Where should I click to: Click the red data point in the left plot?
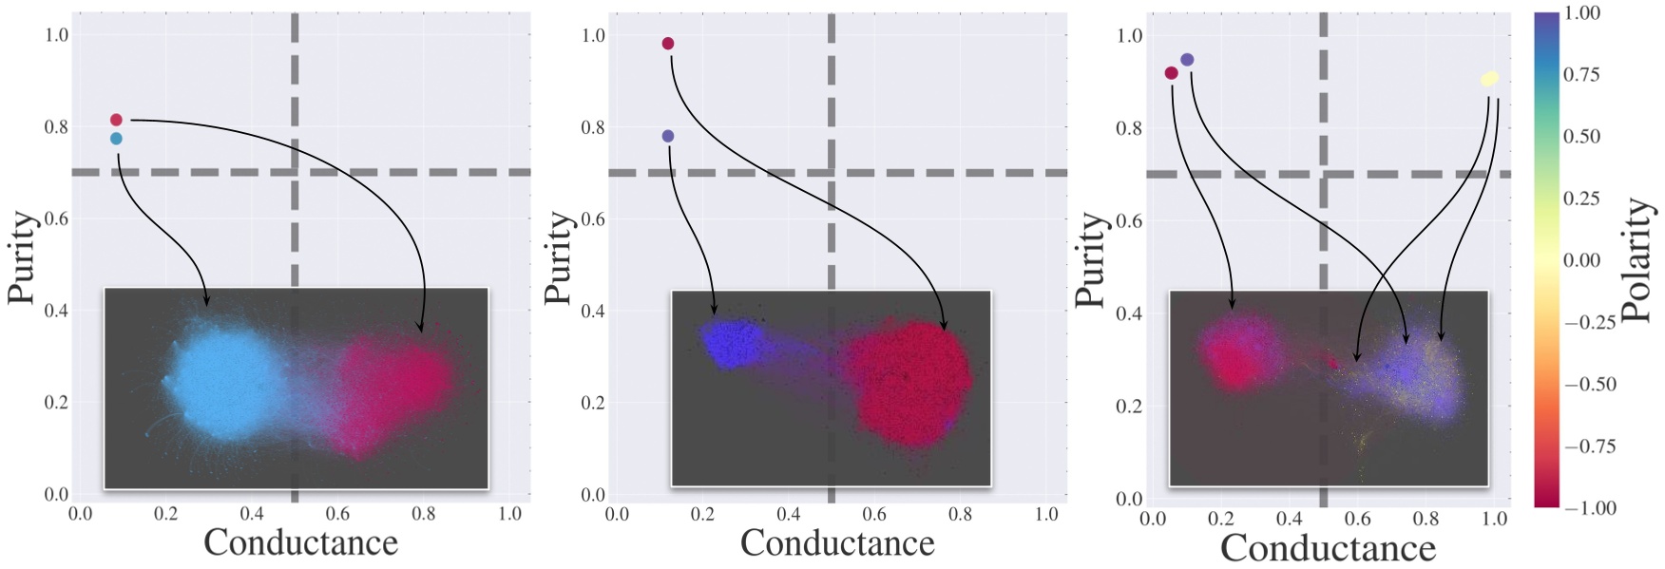tap(116, 120)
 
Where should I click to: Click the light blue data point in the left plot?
tap(116, 139)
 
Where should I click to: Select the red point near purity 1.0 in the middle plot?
tap(668, 44)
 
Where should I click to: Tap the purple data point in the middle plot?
tap(668, 136)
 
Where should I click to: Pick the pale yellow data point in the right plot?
tap(1489, 79)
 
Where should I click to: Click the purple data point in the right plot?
tap(1187, 60)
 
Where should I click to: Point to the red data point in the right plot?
tap(1171, 73)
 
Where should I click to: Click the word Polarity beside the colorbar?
tap(1636, 259)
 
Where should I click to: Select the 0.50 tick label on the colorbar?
tap(1581, 137)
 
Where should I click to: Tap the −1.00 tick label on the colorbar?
tap(1589, 508)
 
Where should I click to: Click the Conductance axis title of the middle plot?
tap(837, 543)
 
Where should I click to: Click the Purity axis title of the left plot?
tap(23, 257)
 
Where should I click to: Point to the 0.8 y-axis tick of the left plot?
tap(56, 127)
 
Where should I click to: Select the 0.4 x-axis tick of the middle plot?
tap(788, 514)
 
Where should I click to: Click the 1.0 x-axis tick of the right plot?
tap(1494, 519)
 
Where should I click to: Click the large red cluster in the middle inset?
tap(908, 385)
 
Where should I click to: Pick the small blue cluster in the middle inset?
tap(732, 344)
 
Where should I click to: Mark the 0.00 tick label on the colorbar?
tap(1581, 260)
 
